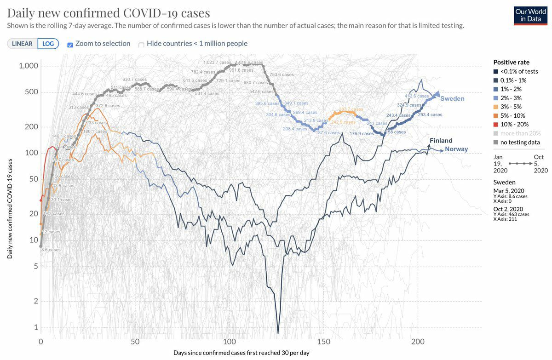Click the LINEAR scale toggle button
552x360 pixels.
tap(22, 44)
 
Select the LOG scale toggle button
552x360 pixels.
tap(48, 44)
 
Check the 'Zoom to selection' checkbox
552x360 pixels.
tap(70, 45)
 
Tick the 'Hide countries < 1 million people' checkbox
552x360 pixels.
tap(142, 45)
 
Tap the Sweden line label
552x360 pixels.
tap(452, 99)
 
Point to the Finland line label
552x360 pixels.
tap(441, 141)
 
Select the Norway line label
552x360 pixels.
tap(456, 149)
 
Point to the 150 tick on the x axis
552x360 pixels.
tap(324, 342)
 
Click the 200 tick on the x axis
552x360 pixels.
tap(418, 342)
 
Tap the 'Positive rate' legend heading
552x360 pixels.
tap(511, 62)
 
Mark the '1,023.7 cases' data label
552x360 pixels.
tap(218, 63)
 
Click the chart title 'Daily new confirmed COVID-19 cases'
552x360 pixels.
tap(109, 12)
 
